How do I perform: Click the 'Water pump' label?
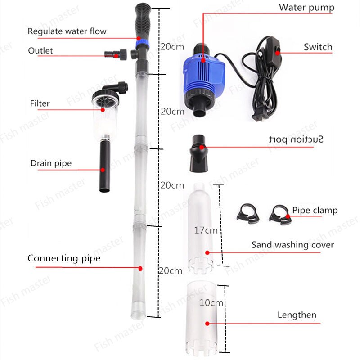306,7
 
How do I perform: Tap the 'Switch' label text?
318,47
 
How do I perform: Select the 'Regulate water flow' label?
67,31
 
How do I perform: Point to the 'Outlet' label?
40,50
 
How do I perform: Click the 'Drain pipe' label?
51,163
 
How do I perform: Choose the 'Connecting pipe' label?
64,258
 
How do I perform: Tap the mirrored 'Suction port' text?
296,139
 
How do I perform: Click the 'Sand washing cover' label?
292,245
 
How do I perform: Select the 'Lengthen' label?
297,315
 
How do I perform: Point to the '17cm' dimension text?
206,230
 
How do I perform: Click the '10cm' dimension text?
211,303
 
